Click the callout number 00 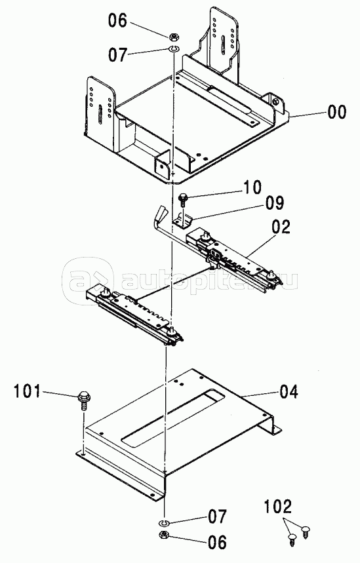337,111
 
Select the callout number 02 281,227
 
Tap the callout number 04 289,391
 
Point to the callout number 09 275,204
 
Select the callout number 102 278,507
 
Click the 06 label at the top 118,20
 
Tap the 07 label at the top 118,55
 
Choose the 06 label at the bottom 217,542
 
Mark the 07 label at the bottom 217,516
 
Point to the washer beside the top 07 174,49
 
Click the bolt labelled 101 84,401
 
